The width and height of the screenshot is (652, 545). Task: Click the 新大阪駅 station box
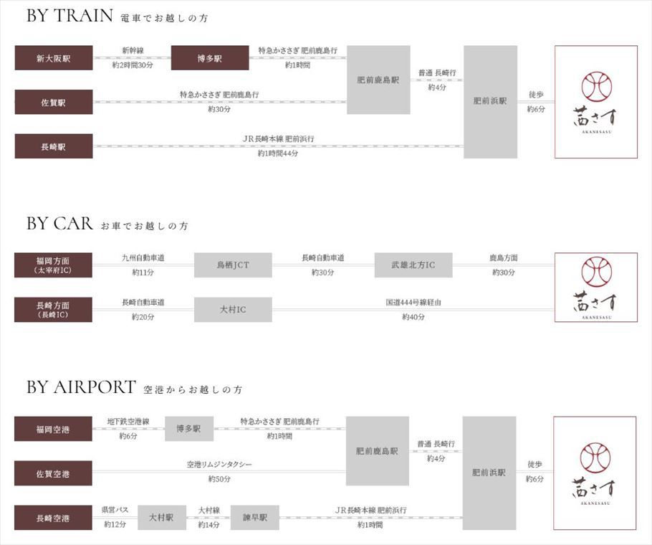pos(54,58)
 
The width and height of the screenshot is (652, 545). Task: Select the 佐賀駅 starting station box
pos(54,103)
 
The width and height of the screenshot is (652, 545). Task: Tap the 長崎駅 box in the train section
pos(54,146)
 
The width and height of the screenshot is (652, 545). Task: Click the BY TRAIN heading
pos(70,16)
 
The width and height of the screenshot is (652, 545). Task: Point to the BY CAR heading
pos(60,224)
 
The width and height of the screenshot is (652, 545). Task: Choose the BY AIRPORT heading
pos(81,388)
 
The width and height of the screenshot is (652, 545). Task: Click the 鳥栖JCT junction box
pos(233,265)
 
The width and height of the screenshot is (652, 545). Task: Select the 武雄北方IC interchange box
pos(413,265)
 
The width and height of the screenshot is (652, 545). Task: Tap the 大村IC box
pos(233,310)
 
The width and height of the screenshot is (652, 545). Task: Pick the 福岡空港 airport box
pos(54,429)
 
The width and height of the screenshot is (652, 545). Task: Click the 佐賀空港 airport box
pos(54,473)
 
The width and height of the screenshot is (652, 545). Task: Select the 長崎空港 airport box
pos(54,517)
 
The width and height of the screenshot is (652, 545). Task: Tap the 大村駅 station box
pos(162,517)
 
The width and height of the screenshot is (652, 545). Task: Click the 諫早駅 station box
pos(254,517)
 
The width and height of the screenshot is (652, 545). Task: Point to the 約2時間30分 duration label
pos(133,65)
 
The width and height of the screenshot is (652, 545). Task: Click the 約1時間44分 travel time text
pos(279,153)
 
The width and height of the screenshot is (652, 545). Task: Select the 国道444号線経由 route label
pos(413,303)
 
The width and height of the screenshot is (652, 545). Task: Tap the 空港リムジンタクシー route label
pos(219,465)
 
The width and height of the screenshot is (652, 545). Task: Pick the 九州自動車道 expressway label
pos(143,258)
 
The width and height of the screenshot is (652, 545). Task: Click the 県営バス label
pos(115,510)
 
